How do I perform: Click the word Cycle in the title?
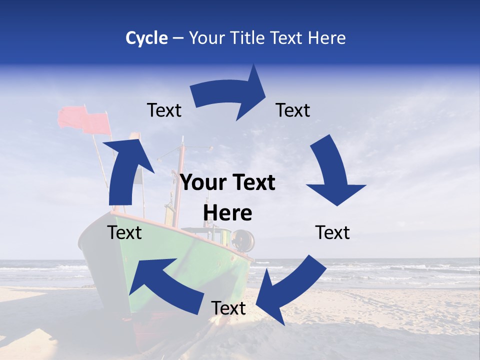point(146,38)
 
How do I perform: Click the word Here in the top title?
point(327,38)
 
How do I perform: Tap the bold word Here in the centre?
point(227,213)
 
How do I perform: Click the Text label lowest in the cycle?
point(228,308)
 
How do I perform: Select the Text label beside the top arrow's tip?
point(293,110)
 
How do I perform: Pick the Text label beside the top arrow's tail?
point(164,110)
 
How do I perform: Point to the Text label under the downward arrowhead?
point(332,232)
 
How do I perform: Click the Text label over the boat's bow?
point(124,232)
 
